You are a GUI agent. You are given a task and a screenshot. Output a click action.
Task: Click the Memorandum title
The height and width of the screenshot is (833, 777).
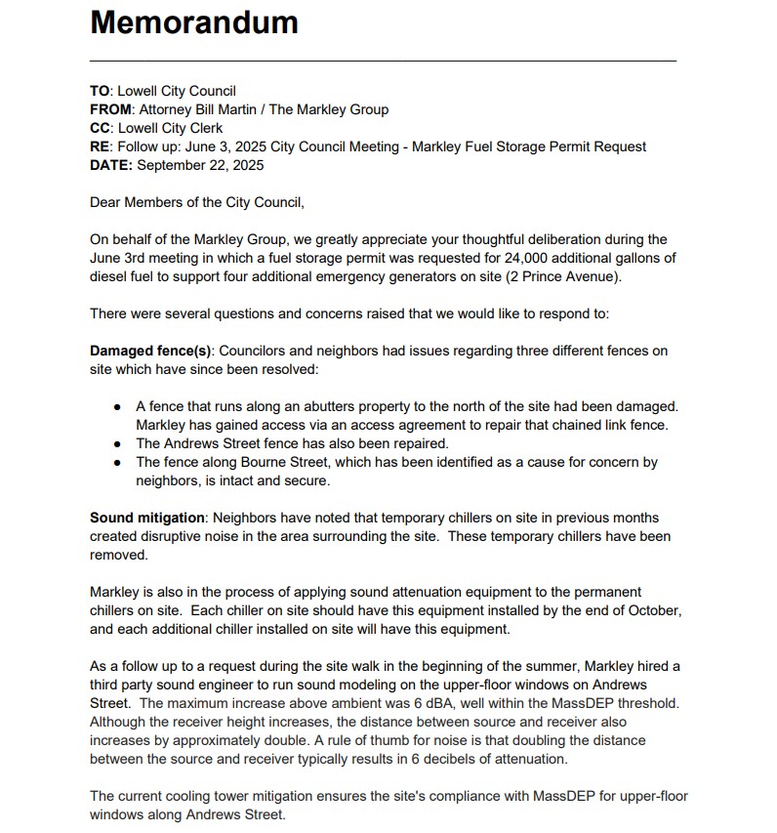pos(194,21)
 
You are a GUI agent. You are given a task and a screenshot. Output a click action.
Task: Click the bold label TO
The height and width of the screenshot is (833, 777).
pos(101,91)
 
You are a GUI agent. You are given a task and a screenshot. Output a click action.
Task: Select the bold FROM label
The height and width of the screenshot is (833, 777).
pos(109,109)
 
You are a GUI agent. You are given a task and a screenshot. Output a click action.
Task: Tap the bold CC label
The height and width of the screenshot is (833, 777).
pos(101,128)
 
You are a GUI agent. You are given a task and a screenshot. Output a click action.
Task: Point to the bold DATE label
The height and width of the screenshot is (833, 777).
pos(111,165)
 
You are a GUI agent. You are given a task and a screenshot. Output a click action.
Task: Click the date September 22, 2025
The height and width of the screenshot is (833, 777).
pos(200,165)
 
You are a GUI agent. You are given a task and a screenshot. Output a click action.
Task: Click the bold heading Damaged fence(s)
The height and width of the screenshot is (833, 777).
pos(151,351)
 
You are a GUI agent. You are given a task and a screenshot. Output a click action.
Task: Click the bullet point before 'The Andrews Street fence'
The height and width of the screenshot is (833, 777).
pos(118,443)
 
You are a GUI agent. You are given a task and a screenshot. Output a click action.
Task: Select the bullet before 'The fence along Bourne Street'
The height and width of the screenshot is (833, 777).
pos(118,462)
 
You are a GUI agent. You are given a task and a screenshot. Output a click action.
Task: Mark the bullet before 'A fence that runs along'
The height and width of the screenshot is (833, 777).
pos(118,406)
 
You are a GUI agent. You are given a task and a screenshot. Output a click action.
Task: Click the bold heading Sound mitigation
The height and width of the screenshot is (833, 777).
pos(147,518)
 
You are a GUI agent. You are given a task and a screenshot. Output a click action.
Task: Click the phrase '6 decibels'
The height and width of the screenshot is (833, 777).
pos(452,759)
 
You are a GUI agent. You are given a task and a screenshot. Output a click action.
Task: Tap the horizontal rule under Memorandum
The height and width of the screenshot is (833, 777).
pos(383,61)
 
